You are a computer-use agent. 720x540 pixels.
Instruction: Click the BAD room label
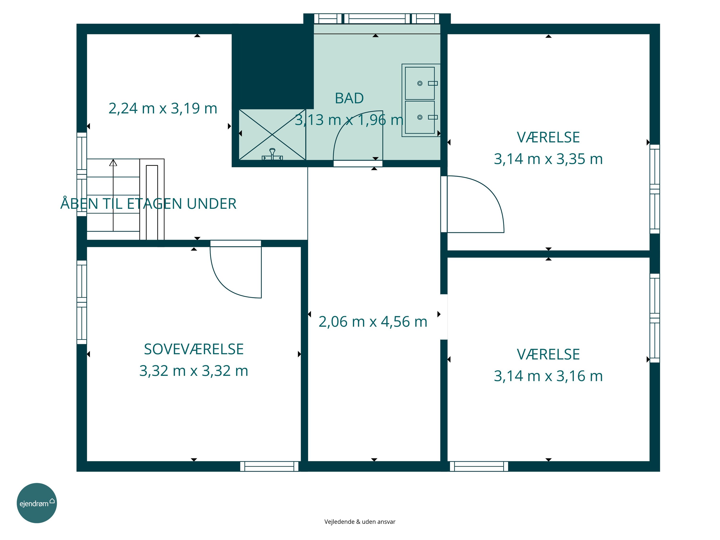pyautogui.click(x=349, y=98)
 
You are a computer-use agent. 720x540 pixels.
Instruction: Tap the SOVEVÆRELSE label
pyautogui.click(x=194, y=349)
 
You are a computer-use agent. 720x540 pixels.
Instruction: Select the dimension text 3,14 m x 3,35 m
pyautogui.click(x=548, y=159)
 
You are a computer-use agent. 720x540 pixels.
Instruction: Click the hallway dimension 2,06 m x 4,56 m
pyautogui.click(x=373, y=322)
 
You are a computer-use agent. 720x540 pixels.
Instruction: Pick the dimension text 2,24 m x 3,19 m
pyautogui.click(x=163, y=108)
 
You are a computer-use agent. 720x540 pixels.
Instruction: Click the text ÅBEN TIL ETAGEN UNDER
pyautogui.click(x=148, y=204)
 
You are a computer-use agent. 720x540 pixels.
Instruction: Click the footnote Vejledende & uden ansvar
pyautogui.click(x=360, y=522)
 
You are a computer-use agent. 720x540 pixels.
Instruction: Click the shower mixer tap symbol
pyautogui.click(x=272, y=154)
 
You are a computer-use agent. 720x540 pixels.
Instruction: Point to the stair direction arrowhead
pyautogui.click(x=113, y=162)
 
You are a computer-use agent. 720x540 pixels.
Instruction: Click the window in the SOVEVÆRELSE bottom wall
pyautogui.click(x=269, y=466)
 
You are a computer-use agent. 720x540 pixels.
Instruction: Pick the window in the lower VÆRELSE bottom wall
pyautogui.click(x=479, y=466)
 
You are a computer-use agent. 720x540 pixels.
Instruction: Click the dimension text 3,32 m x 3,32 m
pyautogui.click(x=194, y=371)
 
